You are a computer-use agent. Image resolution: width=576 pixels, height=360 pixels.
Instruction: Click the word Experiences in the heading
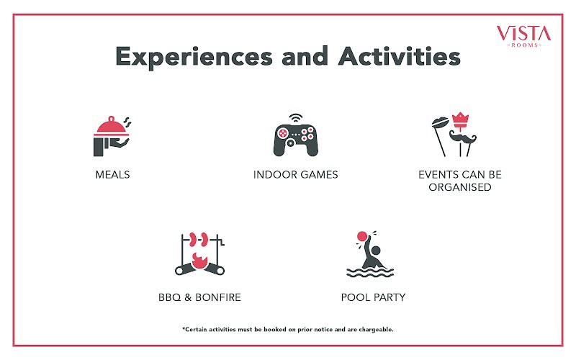(x=194, y=57)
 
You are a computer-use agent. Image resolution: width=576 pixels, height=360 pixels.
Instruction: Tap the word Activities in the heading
(x=400, y=56)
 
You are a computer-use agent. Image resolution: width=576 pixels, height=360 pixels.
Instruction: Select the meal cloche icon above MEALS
(x=112, y=136)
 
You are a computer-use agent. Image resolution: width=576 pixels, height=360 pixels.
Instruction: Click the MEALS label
(x=113, y=174)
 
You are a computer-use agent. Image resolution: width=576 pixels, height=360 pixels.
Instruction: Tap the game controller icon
(x=296, y=140)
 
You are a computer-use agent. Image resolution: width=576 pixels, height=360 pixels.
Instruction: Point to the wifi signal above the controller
(x=296, y=118)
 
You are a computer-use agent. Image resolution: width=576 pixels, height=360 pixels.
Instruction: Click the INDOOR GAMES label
(x=296, y=174)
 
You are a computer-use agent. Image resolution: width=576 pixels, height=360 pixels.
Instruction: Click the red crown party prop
(x=460, y=120)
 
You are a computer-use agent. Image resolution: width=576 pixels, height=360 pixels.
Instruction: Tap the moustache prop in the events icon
(x=462, y=138)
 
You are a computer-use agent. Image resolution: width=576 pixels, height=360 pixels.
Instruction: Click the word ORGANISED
(x=460, y=187)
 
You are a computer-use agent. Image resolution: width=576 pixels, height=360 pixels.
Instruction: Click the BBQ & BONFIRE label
(x=199, y=297)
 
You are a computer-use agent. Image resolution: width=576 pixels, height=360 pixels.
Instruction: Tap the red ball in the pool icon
(x=362, y=236)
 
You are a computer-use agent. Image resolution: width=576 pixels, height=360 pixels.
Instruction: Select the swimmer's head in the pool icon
(x=376, y=251)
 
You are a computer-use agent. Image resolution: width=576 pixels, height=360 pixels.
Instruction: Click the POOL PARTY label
(x=373, y=297)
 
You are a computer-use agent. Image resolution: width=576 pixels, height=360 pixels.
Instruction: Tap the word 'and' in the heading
(x=305, y=56)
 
